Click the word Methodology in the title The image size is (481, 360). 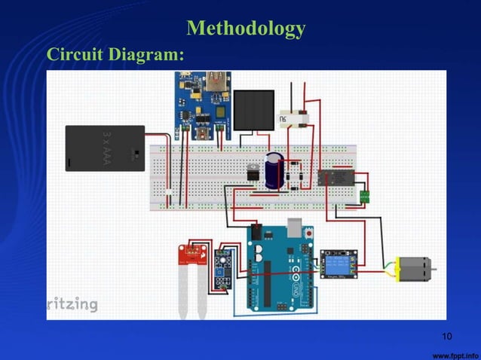246,29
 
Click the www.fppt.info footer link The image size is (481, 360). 455,352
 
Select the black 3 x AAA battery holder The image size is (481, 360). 104,147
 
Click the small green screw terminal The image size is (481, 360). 365,196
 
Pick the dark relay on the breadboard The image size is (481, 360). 333,178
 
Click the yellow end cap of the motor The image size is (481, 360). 394,267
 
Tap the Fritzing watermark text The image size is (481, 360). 72,304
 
